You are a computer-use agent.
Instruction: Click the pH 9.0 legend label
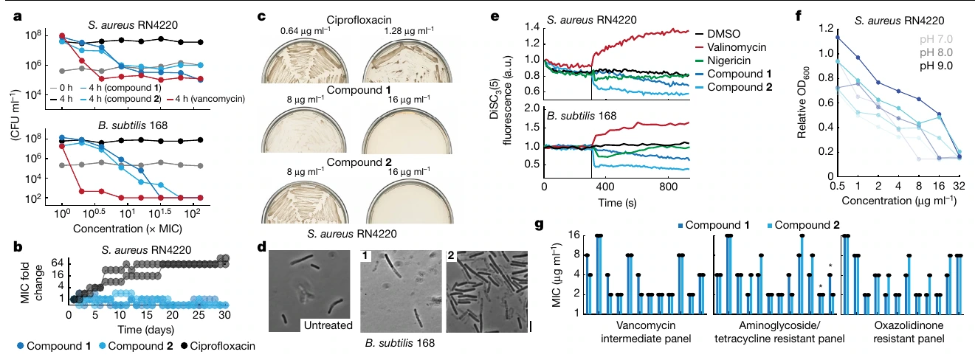pyautogui.click(x=936, y=66)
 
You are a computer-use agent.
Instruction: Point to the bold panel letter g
pyautogui.click(x=540, y=224)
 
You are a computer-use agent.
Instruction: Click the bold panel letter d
pyautogui.click(x=262, y=247)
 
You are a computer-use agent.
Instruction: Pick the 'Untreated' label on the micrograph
pyautogui.click(x=328, y=325)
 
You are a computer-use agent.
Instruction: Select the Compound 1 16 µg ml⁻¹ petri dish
pyautogui.click(x=407, y=130)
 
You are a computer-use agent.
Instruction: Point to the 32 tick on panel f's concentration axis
pyautogui.click(x=959, y=186)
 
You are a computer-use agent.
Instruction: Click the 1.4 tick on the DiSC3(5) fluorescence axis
pyautogui.click(x=531, y=27)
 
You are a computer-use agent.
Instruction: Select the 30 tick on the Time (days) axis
pyautogui.click(x=224, y=315)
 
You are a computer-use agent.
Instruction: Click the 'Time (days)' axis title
pyautogui.click(x=146, y=330)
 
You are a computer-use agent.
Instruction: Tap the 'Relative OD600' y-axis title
pyautogui.click(x=802, y=103)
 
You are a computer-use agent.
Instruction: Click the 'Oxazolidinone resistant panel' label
pyautogui.click(x=909, y=332)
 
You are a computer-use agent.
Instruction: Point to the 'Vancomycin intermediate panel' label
pyautogui.click(x=646, y=332)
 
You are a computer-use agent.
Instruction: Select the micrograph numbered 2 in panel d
pyautogui.click(x=487, y=291)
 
